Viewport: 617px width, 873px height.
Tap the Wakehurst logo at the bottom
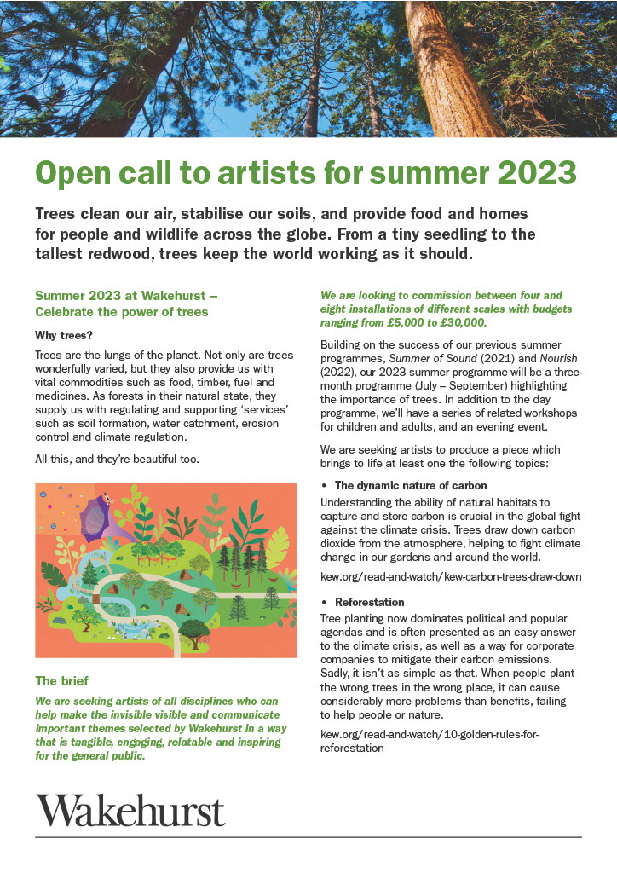click(130, 809)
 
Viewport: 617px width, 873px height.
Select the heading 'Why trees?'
click(64, 335)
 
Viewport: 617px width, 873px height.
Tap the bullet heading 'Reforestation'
click(369, 601)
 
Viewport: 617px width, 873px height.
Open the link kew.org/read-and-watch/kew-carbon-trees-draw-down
click(451, 575)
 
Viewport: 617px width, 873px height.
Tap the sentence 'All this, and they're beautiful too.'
click(116, 460)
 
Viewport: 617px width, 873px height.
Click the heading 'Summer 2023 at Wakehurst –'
click(127, 296)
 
